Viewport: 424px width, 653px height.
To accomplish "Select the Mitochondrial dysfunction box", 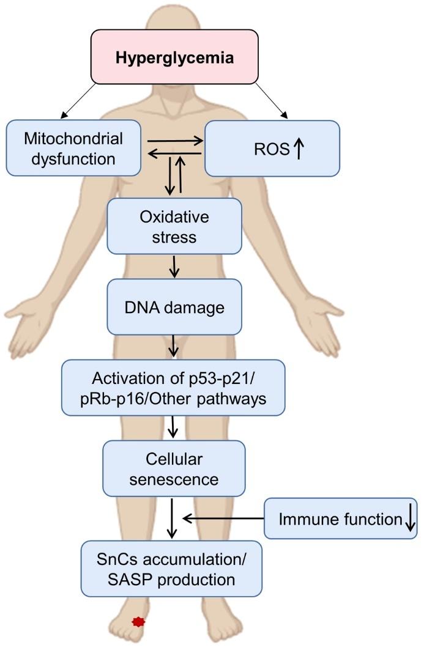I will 73,147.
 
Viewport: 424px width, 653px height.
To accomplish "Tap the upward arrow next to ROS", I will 298,149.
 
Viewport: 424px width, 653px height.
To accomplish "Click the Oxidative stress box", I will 174,226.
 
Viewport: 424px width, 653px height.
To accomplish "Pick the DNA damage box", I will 174,306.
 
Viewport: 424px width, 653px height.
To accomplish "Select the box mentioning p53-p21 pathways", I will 173,387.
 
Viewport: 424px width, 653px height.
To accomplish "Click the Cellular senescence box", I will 174,468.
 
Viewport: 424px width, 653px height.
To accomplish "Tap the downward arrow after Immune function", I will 410,519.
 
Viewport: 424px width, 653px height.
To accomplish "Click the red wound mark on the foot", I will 140,622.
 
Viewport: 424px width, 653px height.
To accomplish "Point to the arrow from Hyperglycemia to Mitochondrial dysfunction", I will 78,101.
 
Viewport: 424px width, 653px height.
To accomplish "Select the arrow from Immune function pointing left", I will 223,518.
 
